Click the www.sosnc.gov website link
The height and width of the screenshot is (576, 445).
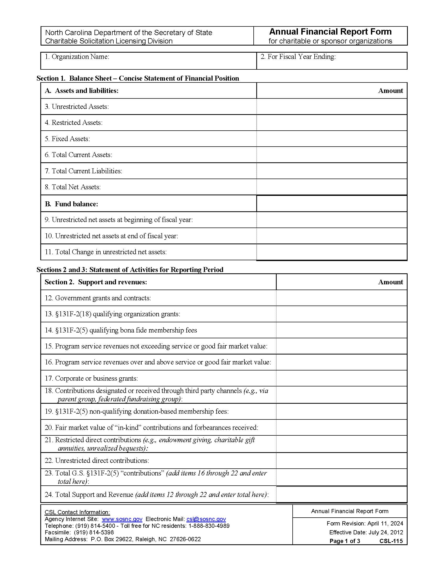click(122, 519)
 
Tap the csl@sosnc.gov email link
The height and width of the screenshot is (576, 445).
click(206, 519)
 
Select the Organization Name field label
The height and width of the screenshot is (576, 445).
click(77, 57)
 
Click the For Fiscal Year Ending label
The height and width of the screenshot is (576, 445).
click(298, 57)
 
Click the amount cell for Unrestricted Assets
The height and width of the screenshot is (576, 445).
click(331, 107)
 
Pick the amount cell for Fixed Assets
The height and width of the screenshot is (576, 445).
click(331, 139)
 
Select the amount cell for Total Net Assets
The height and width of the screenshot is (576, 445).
click(331, 187)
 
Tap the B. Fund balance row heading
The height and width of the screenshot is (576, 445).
click(71, 204)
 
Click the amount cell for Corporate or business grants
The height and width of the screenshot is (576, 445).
click(341, 378)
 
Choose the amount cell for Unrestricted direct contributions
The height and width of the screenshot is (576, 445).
click(341, 461)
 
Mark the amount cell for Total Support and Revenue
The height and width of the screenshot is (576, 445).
click(341, 495)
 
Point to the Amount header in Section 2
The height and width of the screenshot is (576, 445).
click(390, 282)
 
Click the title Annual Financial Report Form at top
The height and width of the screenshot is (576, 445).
click(330, 32)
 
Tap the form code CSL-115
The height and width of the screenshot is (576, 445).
click(391, 541)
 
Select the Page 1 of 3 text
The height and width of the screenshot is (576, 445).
click(344, 541)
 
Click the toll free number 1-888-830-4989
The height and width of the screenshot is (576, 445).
click(209, 526)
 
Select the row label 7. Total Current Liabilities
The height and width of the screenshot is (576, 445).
click(83, 171)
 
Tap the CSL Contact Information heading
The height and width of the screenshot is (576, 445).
click(77, 512)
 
